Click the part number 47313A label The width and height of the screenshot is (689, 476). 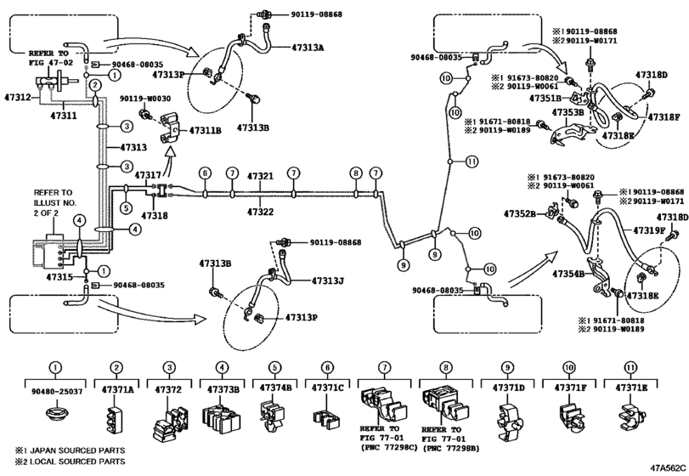click(308, 47)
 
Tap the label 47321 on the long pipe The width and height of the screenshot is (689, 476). click(260, 176)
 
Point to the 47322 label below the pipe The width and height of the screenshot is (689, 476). click(260, 212)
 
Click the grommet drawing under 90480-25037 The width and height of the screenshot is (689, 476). click(56, 414)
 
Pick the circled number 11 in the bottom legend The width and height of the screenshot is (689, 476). click(630, 367)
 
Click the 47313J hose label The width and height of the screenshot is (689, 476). click(327, 280)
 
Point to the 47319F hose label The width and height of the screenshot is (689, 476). click(649, 229)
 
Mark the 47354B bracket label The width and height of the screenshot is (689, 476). click(568, 274)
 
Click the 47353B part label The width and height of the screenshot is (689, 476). click(568, 112)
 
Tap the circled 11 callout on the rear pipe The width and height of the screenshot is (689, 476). click(472, 161)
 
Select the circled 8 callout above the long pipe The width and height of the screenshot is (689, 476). click(356, 173)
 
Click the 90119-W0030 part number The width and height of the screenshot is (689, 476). click(145, 99)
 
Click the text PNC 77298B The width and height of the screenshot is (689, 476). click(450, 448)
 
